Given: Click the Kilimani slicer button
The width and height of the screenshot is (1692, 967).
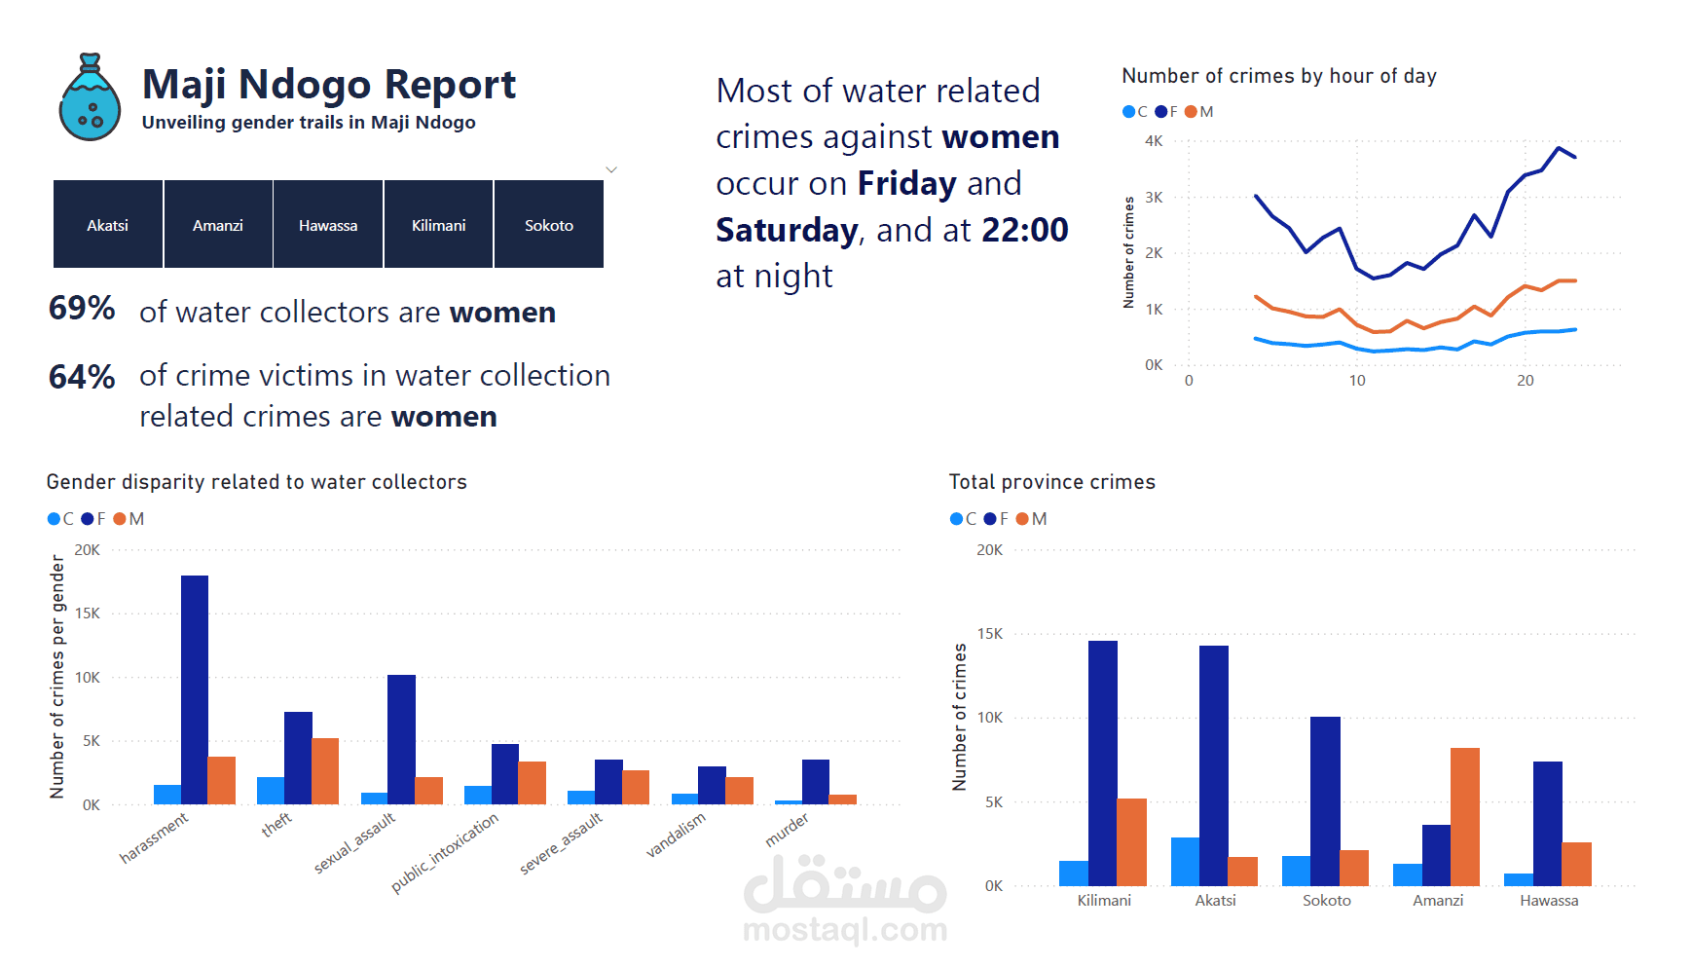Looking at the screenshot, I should coord(438,224).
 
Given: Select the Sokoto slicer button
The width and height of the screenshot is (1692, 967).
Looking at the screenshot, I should coord(548,224).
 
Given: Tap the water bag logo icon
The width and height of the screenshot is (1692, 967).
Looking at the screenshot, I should coord(90,98).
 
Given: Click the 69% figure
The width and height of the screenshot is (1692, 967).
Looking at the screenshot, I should coord(82,309).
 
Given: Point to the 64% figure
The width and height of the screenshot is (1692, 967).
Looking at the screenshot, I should coord(82,377).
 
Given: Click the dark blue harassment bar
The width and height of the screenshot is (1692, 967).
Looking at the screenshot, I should coord(195,689).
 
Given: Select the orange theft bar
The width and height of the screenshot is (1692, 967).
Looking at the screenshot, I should coord(325,771).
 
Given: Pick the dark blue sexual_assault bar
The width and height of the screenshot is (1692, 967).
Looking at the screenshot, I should coord(401,739).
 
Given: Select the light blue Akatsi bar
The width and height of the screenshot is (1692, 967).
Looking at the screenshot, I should coord(1185,861).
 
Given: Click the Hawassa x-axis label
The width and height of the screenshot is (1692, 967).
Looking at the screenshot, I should coord(1548,901).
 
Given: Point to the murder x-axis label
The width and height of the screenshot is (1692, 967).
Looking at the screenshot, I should coord(787,830).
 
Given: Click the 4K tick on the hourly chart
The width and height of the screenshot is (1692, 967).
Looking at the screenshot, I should coord(1154,141).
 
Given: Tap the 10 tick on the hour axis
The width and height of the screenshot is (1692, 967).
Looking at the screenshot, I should coord(1357,381).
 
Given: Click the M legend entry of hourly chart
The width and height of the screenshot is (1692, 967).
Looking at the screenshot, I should coord(1199,112).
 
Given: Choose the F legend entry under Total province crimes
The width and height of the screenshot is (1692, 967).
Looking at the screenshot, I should coord(997,519).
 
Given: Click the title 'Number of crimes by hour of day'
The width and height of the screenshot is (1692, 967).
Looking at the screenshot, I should coord(1278,76).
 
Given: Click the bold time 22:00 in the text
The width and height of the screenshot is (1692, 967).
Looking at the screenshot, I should coord(1024,230).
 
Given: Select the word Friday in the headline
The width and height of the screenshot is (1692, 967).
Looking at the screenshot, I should coord(906,183).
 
